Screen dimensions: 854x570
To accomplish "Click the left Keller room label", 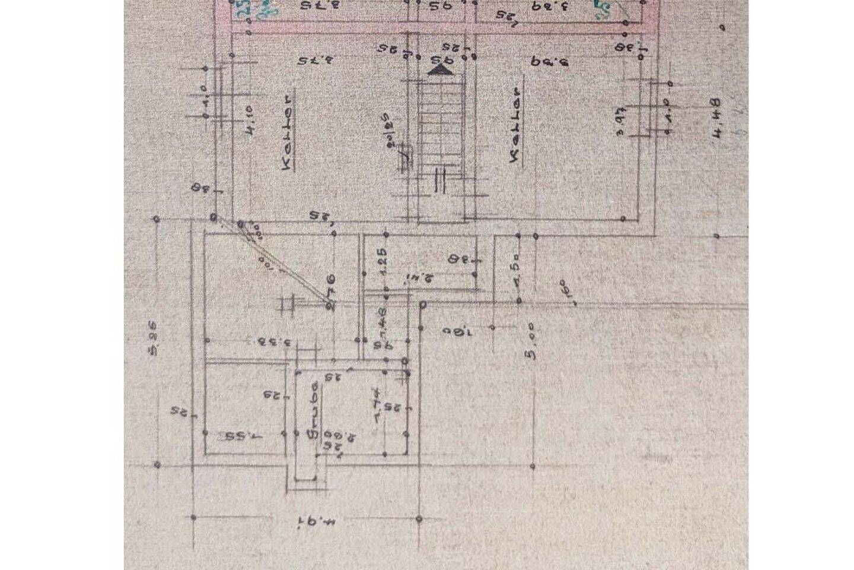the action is click(x=287, y=131).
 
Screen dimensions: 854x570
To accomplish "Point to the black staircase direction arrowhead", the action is click(x=440, y=70).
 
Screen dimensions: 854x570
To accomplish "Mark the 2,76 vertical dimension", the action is click(x=331, y=291).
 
